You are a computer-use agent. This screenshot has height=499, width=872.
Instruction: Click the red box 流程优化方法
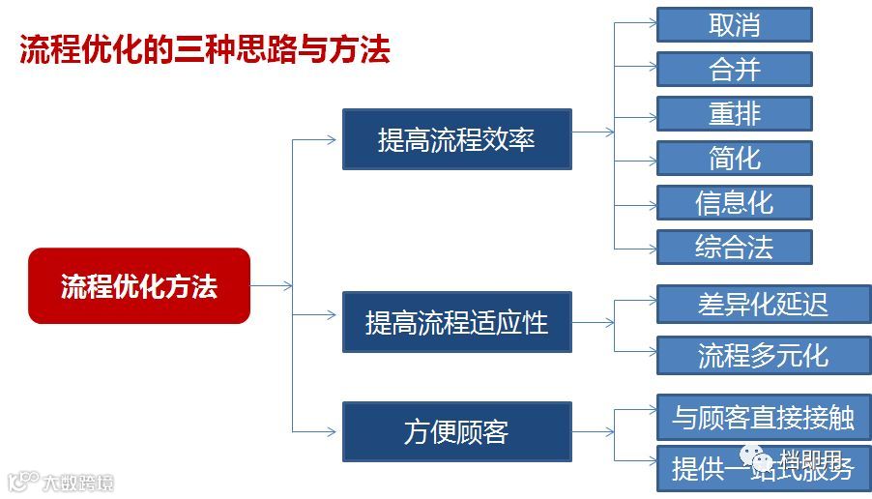coord(139,286)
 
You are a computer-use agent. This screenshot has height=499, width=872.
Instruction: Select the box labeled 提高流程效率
coord(456,139)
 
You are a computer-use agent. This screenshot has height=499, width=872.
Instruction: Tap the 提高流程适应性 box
coord(456,322)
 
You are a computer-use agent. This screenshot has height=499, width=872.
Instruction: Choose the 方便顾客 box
coord(456,431)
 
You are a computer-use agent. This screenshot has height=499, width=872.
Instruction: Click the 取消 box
coord(734,25)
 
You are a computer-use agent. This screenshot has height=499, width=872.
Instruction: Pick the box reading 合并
coord(734,70)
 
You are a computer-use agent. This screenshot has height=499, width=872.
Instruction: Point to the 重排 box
coord(734,114)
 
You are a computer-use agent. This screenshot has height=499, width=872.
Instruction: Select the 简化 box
coord(734,158)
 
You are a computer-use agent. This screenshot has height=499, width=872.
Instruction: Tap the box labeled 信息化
coord(734,202)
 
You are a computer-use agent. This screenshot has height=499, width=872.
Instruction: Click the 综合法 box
coord(734,247)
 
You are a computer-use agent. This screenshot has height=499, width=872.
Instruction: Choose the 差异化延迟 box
coord(763,304)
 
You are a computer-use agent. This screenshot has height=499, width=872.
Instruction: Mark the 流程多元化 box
coord(763,355)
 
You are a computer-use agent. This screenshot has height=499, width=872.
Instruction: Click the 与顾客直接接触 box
coord(763,418)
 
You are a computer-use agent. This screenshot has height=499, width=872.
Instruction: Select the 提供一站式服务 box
coord(763,469)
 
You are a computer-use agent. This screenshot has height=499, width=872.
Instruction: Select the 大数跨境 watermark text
coord(77,482)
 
